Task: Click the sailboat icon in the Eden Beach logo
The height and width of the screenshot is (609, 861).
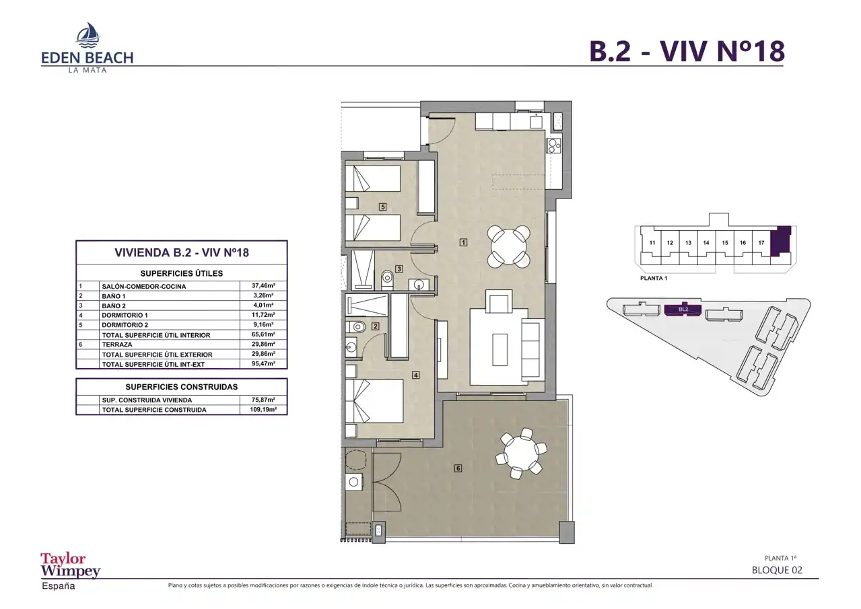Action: tap(88, 34)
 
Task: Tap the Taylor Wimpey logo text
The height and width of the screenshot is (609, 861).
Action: tap(70, 565)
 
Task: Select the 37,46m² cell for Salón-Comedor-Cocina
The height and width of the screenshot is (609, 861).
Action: tap(263, 285)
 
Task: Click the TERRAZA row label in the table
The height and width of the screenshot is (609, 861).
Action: tap(117, 345)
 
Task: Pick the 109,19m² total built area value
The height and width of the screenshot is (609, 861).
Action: tap(263, 410)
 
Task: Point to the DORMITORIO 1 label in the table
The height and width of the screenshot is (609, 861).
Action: tap(125, 315)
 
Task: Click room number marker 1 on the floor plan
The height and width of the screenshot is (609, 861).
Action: tap(464, 242)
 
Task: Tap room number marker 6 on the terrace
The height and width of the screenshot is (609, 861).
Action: tap(458, 468)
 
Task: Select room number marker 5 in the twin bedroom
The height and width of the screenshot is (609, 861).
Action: tap(382, 207)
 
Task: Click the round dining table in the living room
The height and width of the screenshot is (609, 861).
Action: tap(508, 246)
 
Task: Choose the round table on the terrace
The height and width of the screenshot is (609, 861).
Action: tap(521, 454)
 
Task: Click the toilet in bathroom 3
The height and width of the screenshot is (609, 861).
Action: tap(387, 280)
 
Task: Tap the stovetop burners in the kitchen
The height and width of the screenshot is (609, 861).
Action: tap(554, 145)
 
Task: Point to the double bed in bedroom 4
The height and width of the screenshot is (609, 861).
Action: tap(374, 401)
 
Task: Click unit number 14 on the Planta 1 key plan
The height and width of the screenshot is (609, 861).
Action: tap(706, 242)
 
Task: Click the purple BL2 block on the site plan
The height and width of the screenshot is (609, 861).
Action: tap(683, 310)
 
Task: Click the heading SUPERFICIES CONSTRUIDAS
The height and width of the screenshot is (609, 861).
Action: tap(182, 387)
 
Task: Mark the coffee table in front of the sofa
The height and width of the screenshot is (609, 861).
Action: tap(500, 350)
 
